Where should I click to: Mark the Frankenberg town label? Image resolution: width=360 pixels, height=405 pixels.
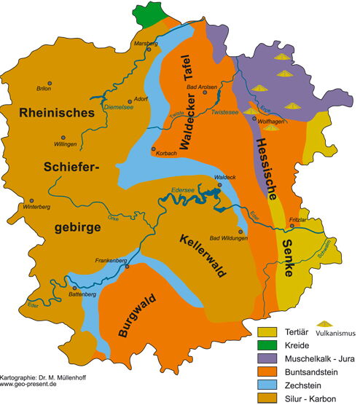(x=111, y=259)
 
